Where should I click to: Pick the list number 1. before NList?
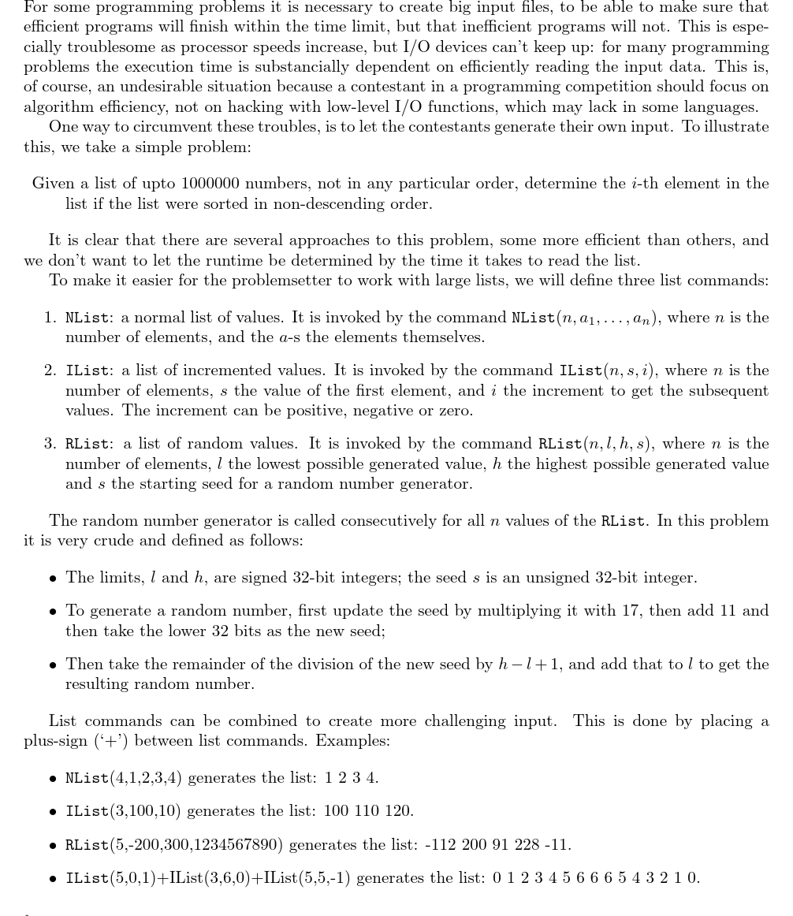point(50,318)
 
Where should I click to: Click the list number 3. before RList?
point(50,444)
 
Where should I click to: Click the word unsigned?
point(555,578)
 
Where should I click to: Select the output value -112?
point(441,845)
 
